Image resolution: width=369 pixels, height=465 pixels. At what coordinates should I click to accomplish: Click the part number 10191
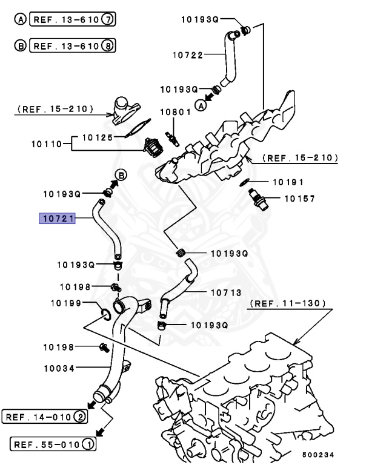[288, 182]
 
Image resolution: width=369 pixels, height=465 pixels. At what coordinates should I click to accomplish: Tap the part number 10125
[98, 137]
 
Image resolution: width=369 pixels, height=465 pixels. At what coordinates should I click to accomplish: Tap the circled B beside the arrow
[121, 176]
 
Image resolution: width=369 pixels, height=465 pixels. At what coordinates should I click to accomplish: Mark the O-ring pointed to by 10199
[104, 314]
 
